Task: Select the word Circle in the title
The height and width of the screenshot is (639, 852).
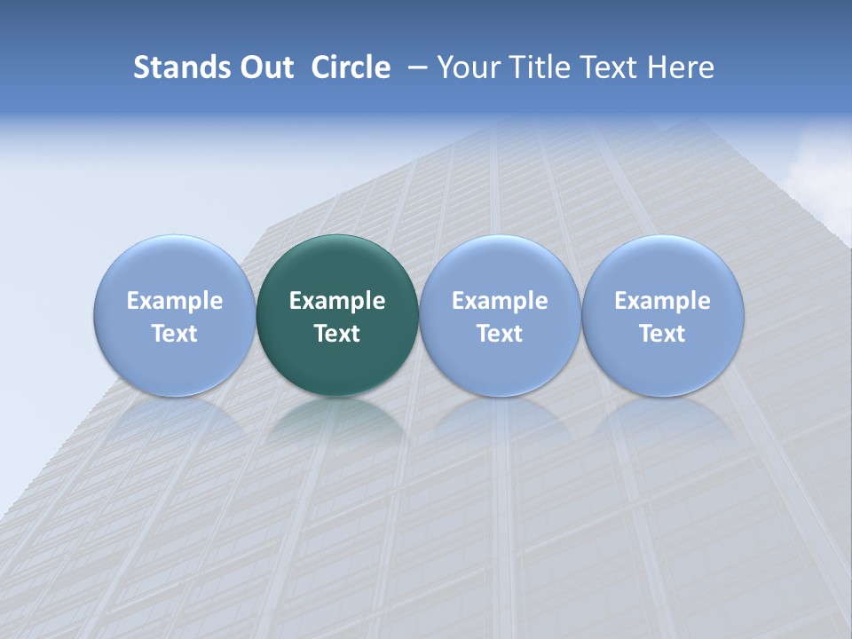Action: (x=351, y=67)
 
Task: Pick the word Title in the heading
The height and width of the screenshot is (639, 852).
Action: (x=540, y=67)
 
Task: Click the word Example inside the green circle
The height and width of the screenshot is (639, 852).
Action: (x=337, y=301)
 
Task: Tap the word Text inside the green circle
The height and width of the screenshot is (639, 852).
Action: (x=337, y=334)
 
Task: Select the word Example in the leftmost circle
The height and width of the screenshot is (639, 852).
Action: (x=175, y=301)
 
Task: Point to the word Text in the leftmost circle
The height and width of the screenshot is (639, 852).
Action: (x=175, y=334)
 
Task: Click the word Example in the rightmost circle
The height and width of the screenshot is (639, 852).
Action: (x=663, y=301)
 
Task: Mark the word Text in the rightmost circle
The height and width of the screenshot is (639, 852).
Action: (x=663, y=334)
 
